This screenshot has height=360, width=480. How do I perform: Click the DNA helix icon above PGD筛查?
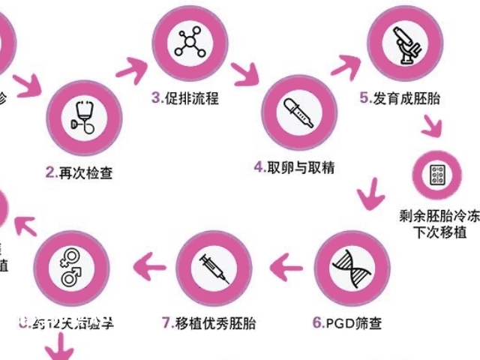tap(346, 267)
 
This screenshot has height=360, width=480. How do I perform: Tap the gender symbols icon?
tap(73, 267)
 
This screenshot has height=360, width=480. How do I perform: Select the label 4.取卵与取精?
tap(293, 167)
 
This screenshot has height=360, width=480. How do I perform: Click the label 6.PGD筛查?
tap(346, 324)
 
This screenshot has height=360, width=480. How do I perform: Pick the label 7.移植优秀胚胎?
tap(208, 324)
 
